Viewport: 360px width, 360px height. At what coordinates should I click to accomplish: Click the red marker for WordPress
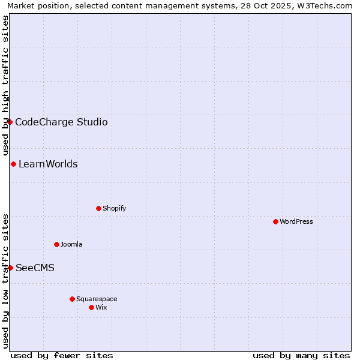pyautogui.click(x=275, y=221)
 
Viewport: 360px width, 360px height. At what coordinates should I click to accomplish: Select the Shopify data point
pyautogui.click(x=98, y=208)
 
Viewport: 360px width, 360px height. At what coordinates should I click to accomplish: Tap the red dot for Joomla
pyautogui.click(x=56, y=244)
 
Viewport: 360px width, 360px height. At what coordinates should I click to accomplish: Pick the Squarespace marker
pyautogui.click(x=72, y=299)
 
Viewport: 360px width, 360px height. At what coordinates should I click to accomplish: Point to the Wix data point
pyautogui.click(x=91, y=307)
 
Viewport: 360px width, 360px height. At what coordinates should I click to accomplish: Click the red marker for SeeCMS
pyautogui.click(x=10, y=268)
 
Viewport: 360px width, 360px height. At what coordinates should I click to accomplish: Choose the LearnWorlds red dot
pyautogui.click(x=13, y=164)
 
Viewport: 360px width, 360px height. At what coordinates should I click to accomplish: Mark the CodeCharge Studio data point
pyautogui.click(x=10, y=122)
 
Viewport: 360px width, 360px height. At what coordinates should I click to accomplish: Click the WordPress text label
pyautogui.click(x=296, y=221)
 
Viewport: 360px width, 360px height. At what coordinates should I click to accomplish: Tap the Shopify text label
pyautogui.click(x=114, y=208)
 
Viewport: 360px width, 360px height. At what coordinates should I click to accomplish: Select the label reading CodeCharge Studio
pyautogui.click(x=61, y=122)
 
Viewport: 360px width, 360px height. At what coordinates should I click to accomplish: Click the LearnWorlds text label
pyautogui.click(x=48, y=164)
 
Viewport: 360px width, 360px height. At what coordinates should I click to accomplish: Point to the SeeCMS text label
pyautogui.click(x=35, y=268)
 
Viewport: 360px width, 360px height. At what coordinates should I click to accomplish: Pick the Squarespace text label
pyautogui.click(x=97, y=299)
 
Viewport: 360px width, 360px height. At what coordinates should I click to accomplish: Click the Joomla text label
pyautogui.click(x=71, y=244)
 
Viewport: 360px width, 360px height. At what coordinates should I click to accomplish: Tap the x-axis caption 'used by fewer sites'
pyautogui.click(x=62, y=355)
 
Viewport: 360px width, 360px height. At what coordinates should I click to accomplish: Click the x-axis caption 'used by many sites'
pyautogui.click(x=301, y=355)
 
